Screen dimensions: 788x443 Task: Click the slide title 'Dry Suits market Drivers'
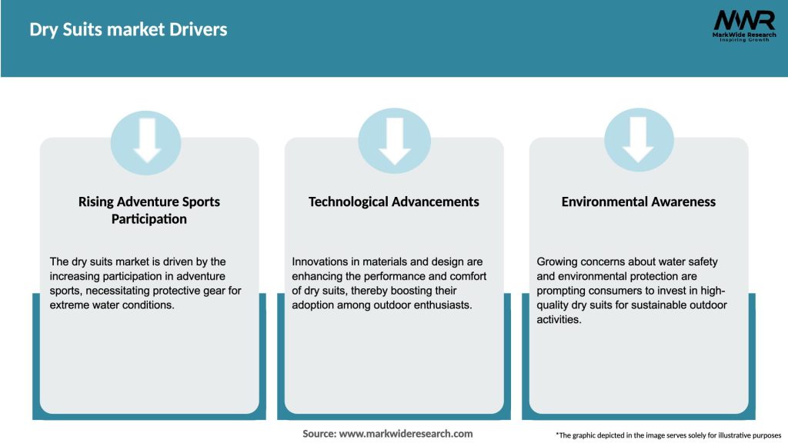pos(129,30)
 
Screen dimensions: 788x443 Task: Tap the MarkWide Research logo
pos(744,25)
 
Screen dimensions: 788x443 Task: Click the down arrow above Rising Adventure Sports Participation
pos(147,140)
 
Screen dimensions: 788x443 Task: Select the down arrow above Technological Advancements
pos(395,141)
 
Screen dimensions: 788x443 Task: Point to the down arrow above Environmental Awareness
pos(638,140)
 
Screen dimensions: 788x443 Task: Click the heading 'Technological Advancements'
pos(393,202)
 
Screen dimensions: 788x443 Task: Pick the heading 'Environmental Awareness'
pos(638,202)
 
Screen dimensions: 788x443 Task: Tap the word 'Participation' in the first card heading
pos(149,219)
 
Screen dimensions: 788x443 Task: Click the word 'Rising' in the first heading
pos(95,202)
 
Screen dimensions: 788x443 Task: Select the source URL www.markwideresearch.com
pos(406,434)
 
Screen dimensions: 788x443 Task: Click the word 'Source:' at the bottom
pos(319,434)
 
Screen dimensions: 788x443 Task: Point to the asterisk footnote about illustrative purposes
pos(669,435)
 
